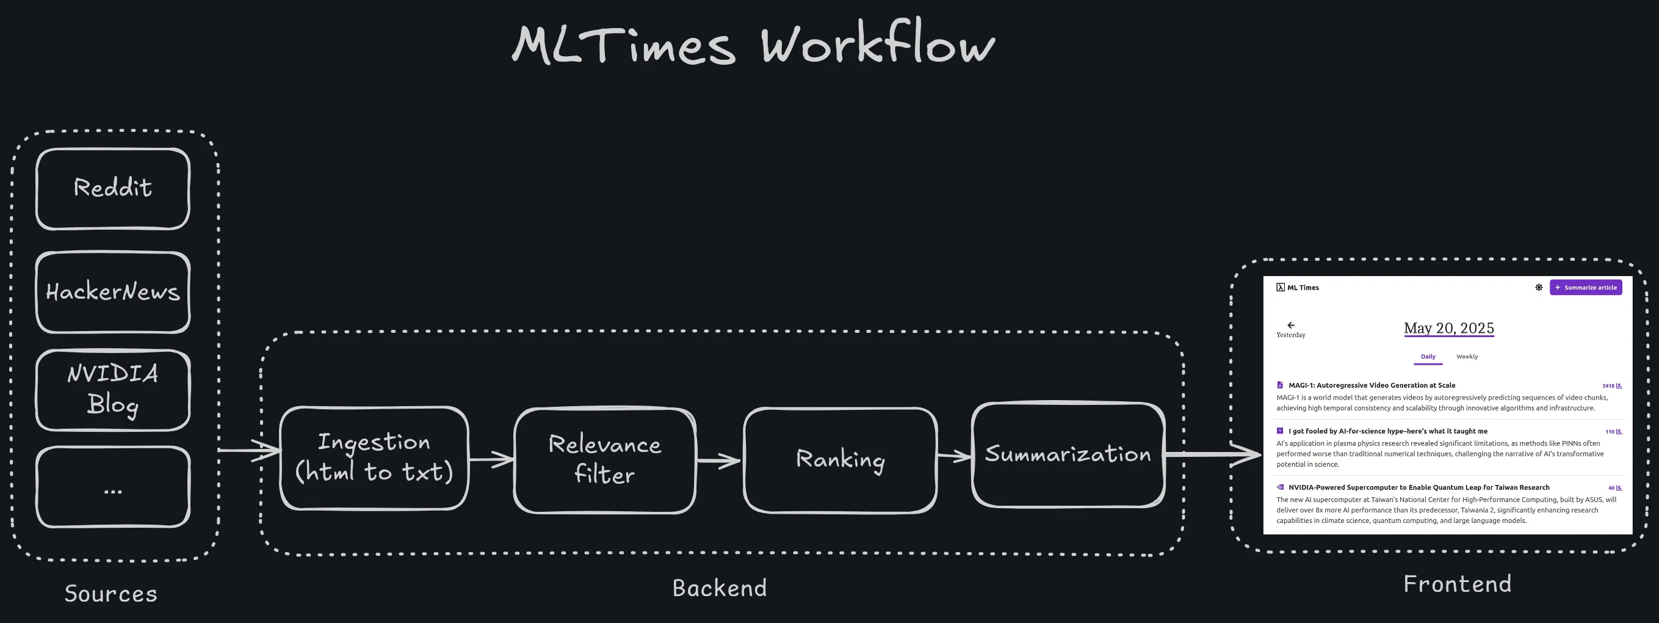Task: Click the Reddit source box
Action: tap(113, 188)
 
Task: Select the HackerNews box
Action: tap(113, 292)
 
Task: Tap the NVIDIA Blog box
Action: tap(113, 389)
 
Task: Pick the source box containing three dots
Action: tap(113, 487)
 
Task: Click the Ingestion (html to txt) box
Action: tap(374, 457)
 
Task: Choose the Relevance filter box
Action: tap(604, 459)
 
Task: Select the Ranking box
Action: tap(840, 459)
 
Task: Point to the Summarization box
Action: tap(1068, 454)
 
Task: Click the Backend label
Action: tap(720, 588)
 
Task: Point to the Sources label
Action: tap(110, 593)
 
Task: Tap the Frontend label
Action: tap(1457, 584)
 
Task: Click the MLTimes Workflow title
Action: tap(753, 45)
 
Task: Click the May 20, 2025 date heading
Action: tap(1448, 328)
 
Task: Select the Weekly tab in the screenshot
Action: tap(1467, 356)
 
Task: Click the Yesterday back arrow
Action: tap(1290, 326)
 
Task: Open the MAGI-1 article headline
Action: tap(1372, 385)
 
